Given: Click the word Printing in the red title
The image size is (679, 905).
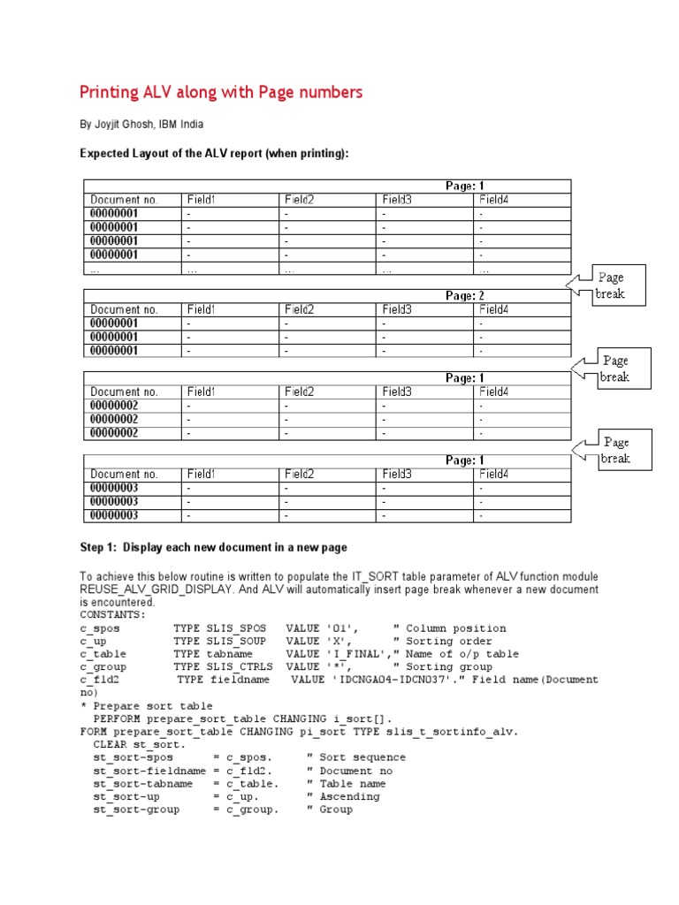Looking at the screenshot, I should tap(111, 92).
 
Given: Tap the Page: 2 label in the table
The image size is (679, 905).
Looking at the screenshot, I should tap(464, 296).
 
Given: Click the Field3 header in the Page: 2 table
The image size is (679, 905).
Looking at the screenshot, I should tap(398, 309).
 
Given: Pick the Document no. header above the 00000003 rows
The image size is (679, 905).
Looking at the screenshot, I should tap(124, 474).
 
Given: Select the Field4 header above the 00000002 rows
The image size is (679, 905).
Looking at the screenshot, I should tap(495, 392).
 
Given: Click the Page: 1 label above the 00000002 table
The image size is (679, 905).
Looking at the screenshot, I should tap(464, 378).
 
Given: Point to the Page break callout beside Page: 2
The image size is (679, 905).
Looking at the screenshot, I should tap(610, 285).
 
